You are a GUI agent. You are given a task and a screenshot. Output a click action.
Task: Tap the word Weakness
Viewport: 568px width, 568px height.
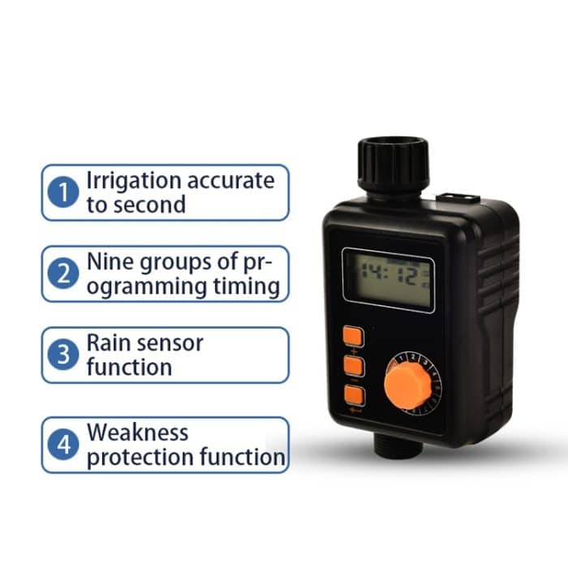[x=137, y=432]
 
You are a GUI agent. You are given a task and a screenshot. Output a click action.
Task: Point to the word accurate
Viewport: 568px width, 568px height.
[x=235, y=180]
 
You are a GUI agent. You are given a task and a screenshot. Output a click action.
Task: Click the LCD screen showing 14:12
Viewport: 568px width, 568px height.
[x=388, y=278]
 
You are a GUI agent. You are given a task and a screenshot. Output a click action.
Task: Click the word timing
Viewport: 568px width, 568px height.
[x=244, y=286]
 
